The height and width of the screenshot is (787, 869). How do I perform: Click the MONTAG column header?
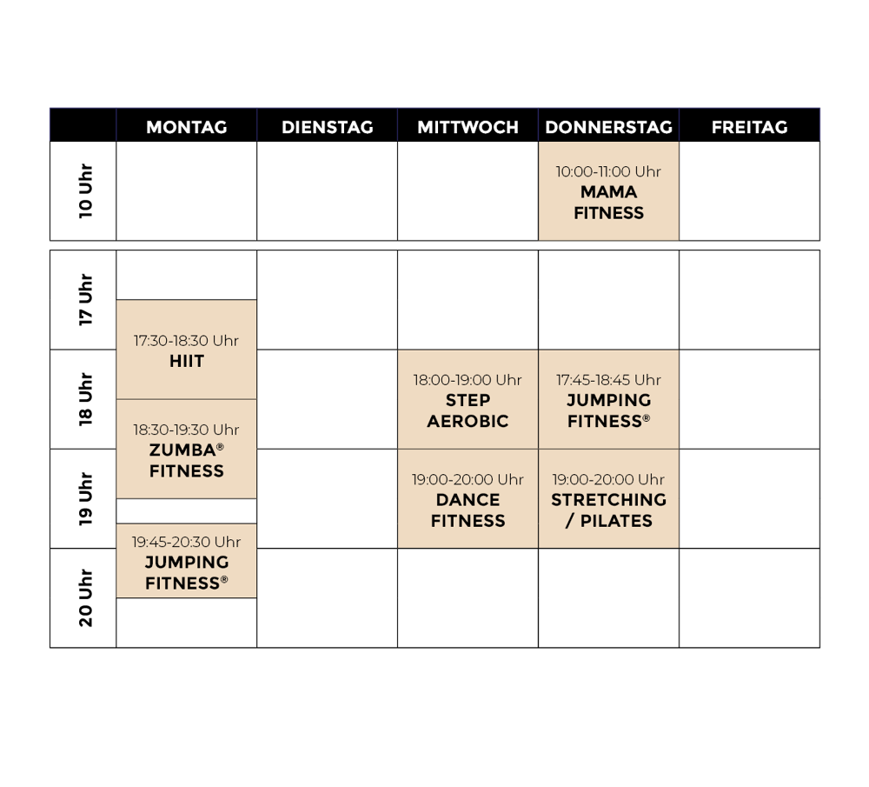point(186,127)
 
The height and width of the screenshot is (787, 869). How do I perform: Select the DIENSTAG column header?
point(327,127)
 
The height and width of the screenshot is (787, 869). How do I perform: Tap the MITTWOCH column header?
point(468,127)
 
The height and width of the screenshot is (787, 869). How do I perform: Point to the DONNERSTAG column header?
point(608,127)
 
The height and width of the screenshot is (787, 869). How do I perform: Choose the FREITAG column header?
point(749,127)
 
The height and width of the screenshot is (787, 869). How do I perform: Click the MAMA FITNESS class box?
point(608,192)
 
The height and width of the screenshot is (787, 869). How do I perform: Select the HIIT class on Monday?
point(186,350)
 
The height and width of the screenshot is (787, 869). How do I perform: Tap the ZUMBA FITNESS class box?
point(186,450)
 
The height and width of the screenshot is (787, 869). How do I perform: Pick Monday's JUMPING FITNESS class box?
point(186,562)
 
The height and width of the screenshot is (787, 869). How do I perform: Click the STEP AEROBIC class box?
point(468,400)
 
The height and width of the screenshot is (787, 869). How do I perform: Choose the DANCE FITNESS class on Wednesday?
point(468,499)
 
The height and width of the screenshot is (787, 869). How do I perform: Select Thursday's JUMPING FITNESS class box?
point(608,400)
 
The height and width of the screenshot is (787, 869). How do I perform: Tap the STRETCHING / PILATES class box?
point(608,499)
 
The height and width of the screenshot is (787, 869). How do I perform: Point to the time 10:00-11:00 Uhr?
point(608,172)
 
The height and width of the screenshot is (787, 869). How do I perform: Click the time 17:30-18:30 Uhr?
point(186,341)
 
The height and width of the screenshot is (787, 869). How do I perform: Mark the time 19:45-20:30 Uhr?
point(186,542)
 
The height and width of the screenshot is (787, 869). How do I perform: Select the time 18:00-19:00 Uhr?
point(468,380)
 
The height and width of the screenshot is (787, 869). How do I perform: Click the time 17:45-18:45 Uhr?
point(608,380)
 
